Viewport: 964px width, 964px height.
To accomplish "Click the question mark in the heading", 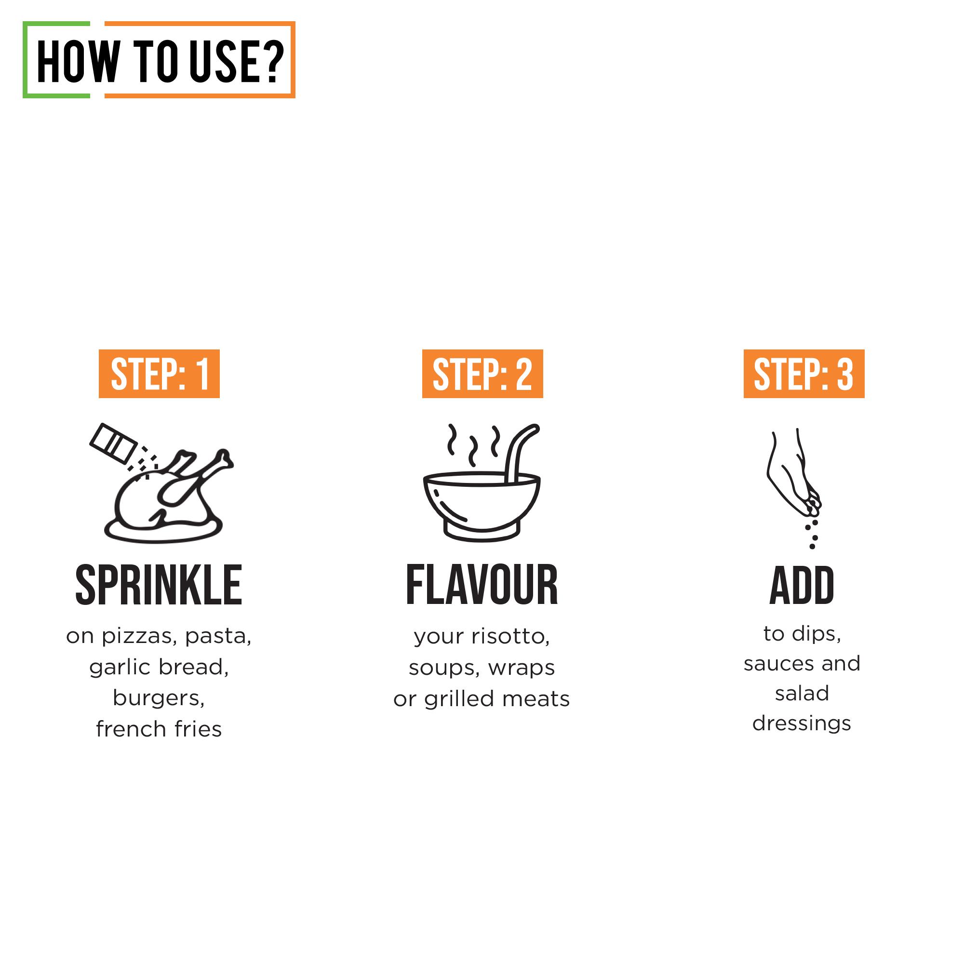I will click(273, 62).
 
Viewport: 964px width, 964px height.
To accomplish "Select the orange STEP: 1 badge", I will click(159, 374).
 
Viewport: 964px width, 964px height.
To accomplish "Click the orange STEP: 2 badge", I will click(482, 374).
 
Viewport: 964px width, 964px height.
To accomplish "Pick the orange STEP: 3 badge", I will click(803, 374).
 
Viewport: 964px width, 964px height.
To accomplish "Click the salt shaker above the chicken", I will click(113, 443).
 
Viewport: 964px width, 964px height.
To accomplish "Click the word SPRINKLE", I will click(159, 585).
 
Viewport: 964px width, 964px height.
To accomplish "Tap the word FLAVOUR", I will click(482, 585).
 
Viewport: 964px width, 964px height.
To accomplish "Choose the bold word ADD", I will click(802, 585).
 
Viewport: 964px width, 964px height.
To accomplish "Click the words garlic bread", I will click(159, 667).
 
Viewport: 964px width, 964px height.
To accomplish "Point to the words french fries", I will click(159, 729).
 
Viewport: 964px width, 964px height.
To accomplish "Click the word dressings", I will click(802, 723).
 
